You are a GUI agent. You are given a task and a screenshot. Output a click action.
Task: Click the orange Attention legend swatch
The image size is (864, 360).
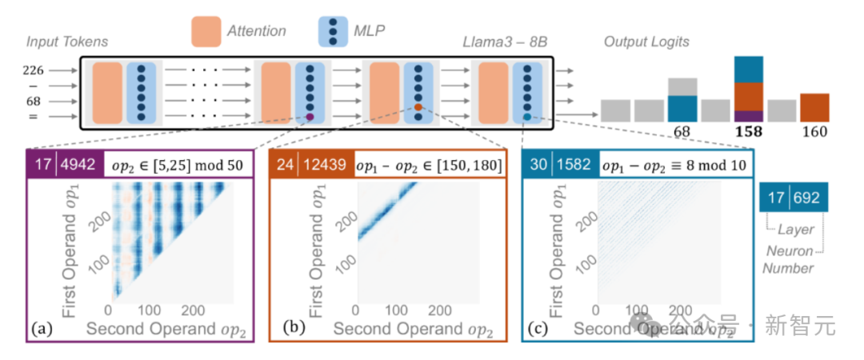[210, 31]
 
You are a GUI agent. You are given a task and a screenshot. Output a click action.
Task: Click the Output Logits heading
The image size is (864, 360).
[646, 41]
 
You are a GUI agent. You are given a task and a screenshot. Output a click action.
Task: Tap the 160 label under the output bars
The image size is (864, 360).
[814, 132]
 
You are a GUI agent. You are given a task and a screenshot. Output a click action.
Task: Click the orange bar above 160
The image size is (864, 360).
[814, 107]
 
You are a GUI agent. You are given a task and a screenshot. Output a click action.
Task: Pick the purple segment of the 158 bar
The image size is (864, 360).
[749, 116]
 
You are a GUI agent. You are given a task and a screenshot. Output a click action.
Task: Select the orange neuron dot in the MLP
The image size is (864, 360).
[418, 107]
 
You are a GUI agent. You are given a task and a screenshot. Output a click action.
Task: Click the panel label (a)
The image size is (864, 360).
[41, 328]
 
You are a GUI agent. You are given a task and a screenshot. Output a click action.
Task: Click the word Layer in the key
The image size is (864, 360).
[795, 230]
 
